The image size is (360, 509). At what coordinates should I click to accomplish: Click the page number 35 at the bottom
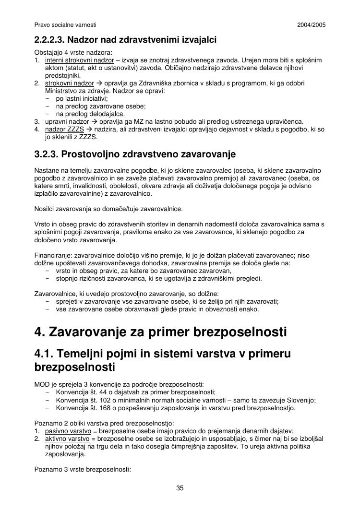[180, 488]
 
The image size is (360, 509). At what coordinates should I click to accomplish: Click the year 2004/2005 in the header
[312, 24]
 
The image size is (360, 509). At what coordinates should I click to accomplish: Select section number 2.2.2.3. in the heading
[52, 39]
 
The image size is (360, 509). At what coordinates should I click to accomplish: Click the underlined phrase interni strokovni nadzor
[80, 60]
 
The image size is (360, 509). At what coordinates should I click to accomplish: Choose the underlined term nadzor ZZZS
[65, 130]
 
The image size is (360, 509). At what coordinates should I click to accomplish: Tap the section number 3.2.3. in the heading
[46, 154]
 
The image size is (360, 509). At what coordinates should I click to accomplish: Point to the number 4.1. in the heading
[44, 354]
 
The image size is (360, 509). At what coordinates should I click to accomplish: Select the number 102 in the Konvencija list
[102, 401]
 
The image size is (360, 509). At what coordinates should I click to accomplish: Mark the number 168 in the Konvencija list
[102, 408]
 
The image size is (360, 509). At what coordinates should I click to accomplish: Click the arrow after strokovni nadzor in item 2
[99, 83]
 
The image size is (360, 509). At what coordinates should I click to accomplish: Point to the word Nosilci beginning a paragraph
[44, 209]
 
